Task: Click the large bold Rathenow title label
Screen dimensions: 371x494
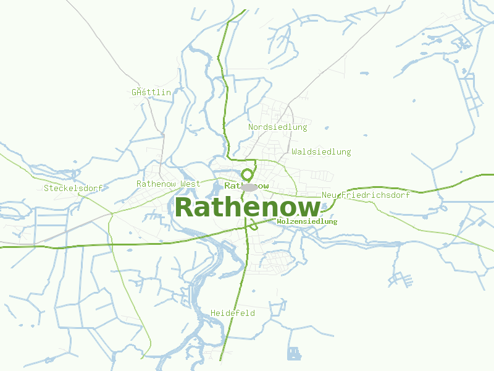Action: click(247, 207)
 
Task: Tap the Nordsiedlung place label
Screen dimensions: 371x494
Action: click(277, 127)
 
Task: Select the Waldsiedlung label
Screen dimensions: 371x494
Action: click(321, 151)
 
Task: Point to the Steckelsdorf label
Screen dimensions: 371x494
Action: click(73, 188)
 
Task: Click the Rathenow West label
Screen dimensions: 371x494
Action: click(169, 184)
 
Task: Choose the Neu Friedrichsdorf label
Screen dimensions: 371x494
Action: click(366, 195)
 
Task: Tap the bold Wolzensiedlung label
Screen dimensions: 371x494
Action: click(307, 221)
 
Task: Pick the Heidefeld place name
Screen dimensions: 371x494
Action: click(233, 313)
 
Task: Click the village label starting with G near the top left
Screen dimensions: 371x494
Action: click(151, 92)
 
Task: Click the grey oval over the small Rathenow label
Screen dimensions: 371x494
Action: click(249, 187)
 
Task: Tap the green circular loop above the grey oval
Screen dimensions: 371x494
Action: click(248, 175)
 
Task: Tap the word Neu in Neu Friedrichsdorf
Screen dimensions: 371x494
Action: click(329, 195)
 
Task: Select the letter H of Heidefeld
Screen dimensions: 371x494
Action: click(213, 313)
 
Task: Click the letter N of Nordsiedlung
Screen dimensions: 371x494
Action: click(251, 127)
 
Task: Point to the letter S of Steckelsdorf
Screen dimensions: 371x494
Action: click(46, 188)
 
